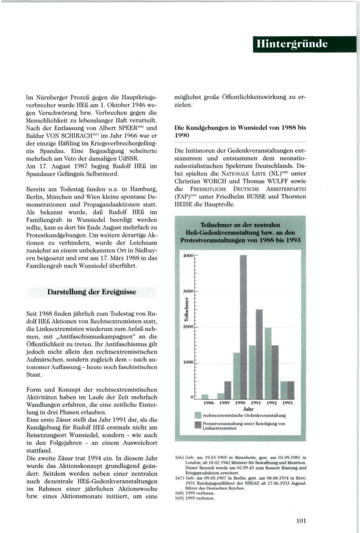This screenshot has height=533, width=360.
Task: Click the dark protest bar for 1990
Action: point(243,326)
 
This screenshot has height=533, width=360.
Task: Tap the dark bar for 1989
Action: point(228,390)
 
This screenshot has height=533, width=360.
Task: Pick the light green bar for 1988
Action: point(205,396)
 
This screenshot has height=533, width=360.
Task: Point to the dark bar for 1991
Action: point(259,354)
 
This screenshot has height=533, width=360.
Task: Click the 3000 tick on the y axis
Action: point(188,291)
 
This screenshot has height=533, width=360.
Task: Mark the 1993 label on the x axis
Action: point(287,403)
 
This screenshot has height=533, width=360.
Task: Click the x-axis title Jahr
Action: point(248,409)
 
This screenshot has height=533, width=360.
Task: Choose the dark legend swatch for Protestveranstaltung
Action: point(197,425)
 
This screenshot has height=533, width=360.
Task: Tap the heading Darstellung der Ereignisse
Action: point(92,292)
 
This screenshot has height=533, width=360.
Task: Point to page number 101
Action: point(301,520)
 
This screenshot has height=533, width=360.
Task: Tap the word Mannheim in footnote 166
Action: point(239,457)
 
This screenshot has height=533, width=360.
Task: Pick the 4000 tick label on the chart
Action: point(188,256)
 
